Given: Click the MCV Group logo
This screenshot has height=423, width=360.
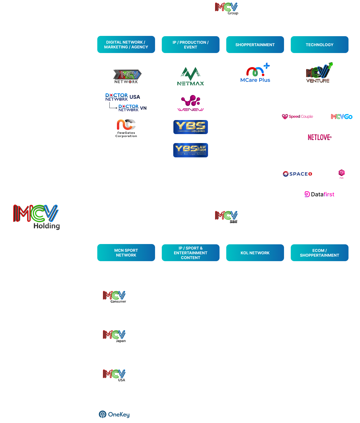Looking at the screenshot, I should pyautogui.click(x=227, y=8).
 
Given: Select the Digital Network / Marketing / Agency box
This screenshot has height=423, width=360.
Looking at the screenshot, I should pyautogui.click(x=126, y=45).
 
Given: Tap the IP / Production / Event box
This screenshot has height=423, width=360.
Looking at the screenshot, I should pyautogui.click(x=191, y=45).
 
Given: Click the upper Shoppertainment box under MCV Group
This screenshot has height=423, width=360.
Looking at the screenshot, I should pyautogui.click(x=255, y=45).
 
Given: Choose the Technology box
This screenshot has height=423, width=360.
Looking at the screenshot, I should pyautogui.click(x=320, y=45).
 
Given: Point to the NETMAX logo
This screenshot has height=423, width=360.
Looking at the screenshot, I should pyautogui.click(x=191, y=76).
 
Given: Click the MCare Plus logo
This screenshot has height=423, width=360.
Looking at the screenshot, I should pyautogui.click(x=255, y=73).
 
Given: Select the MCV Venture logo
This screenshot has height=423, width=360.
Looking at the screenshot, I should pyautogui.click(x=319, y=73).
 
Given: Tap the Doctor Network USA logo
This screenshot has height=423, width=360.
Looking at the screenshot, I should pyautogui.click(x=123, y=97).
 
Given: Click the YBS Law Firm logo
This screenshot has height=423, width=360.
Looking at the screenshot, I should pyautogui.click(x=191, y=150).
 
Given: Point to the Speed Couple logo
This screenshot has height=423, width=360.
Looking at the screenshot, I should pyautogui.click(x=297, y=116).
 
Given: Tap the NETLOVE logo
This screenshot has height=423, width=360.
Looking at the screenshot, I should pyautogui.click(x=320, y=137).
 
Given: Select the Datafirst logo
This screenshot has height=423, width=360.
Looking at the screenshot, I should pyautogui.click(x=319, y=194).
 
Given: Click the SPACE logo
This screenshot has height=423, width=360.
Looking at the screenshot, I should pyautogui.click(x=297, y=174).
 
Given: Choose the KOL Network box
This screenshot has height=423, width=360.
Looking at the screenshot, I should pyautogui.click(x=255, y=253).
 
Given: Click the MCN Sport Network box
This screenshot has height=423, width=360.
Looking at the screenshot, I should pyautogui.click(x=126, y=253).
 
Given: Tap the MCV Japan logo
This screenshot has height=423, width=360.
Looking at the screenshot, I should pyautogui.click(x=114, y=336).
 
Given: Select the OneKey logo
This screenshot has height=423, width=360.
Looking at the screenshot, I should pyautogui.click(x=114, y=414).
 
